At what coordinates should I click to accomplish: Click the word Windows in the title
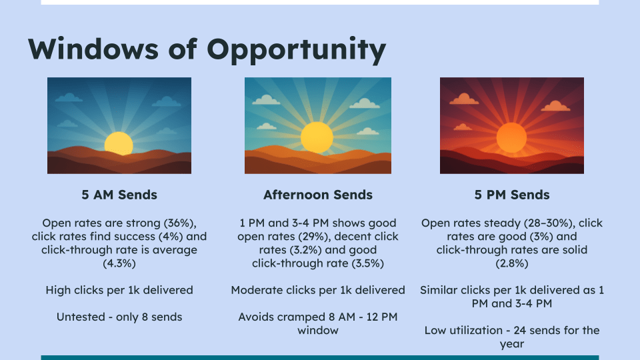click(93, 49)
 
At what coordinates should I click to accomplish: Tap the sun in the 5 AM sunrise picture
click(119, 144)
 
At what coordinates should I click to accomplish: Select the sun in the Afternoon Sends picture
click(317, 137)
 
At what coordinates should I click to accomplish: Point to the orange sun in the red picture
click(511, 137)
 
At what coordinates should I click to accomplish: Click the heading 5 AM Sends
click(119, 195)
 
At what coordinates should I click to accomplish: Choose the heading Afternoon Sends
click(318, 195)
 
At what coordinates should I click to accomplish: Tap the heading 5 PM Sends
click(512, 195)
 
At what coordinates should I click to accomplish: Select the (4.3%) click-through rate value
click(119, 263)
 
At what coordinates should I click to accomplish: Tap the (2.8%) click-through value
click(512, 263)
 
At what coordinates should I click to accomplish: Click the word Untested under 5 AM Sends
click(81, 317)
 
